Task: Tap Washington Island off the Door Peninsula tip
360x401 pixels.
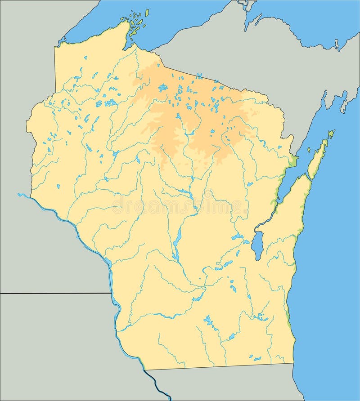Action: tap(331, 134)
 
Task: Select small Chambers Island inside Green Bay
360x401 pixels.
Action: tap(309, 150)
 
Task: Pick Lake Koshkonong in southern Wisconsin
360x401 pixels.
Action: tap(231, 336)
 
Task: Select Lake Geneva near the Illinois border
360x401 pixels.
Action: tap(256, 359)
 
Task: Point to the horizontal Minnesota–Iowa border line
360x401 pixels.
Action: tap(54, 293)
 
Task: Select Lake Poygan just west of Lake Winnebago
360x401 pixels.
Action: tap(237, 237)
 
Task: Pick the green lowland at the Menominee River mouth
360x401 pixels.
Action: tap(294, 160)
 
